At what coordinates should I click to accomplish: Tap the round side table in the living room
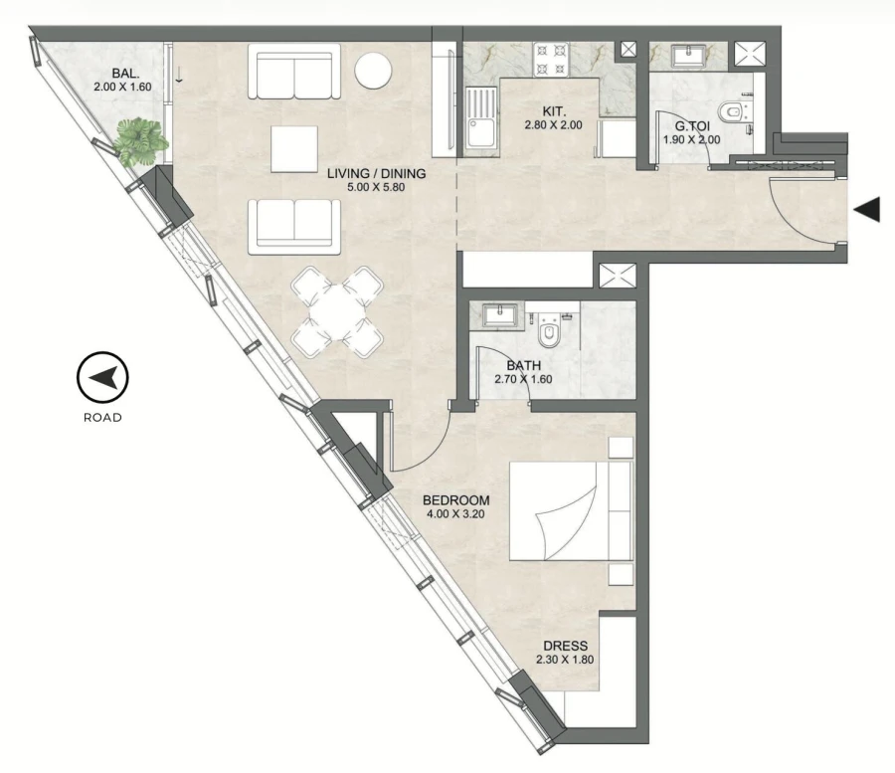[375, 71]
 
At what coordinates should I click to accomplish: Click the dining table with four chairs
[337, 313]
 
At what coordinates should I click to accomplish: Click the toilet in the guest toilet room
[734, 113]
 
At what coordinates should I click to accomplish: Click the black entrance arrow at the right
[868, 209]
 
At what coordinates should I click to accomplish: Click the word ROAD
[102, 418]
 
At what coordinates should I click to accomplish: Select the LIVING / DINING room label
[377, 174]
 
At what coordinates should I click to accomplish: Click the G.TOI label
[690, 126]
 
